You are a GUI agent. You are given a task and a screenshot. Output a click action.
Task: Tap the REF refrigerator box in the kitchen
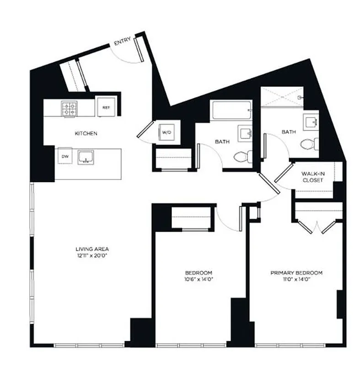tap(106, 108)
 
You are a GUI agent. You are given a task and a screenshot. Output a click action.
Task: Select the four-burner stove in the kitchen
tap(70, 108)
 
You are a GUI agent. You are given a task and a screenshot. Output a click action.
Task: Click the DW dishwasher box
tap(65, 156)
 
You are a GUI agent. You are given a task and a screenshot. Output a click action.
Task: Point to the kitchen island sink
tap(86, 157)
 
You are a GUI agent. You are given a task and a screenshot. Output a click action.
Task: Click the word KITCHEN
tap(86, 134)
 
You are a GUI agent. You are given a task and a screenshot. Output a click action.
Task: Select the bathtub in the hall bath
tap(231, 110)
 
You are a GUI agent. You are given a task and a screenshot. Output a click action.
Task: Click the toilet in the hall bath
tap(241, 157)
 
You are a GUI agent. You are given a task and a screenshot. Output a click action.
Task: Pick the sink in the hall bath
tap(245, 134)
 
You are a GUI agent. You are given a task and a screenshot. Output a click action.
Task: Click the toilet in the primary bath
tap(310, 143)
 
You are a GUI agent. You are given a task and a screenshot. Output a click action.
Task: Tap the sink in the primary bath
tap(312, 121)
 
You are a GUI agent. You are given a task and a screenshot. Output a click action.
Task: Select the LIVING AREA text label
tap(92, 249)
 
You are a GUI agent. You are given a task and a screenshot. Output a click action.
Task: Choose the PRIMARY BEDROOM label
tap(296, 273)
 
